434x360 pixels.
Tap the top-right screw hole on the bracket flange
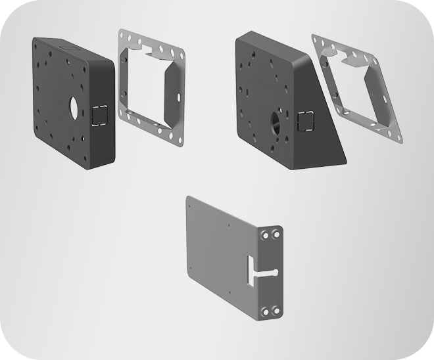pyautogui.click(x=277, y=235)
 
